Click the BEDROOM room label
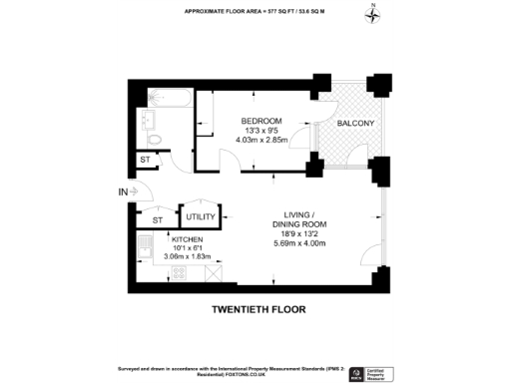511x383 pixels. pos(262,121)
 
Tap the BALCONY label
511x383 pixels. pos(354,123)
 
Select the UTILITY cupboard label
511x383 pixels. pos(201,216)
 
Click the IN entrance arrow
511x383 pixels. pos(123,191)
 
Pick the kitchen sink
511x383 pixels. pos(146,243)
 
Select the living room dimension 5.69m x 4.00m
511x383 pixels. pos(300,247)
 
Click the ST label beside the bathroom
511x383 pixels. pos(145,161)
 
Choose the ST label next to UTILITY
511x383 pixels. pos(157,219)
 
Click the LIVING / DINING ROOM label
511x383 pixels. pos(300,219)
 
